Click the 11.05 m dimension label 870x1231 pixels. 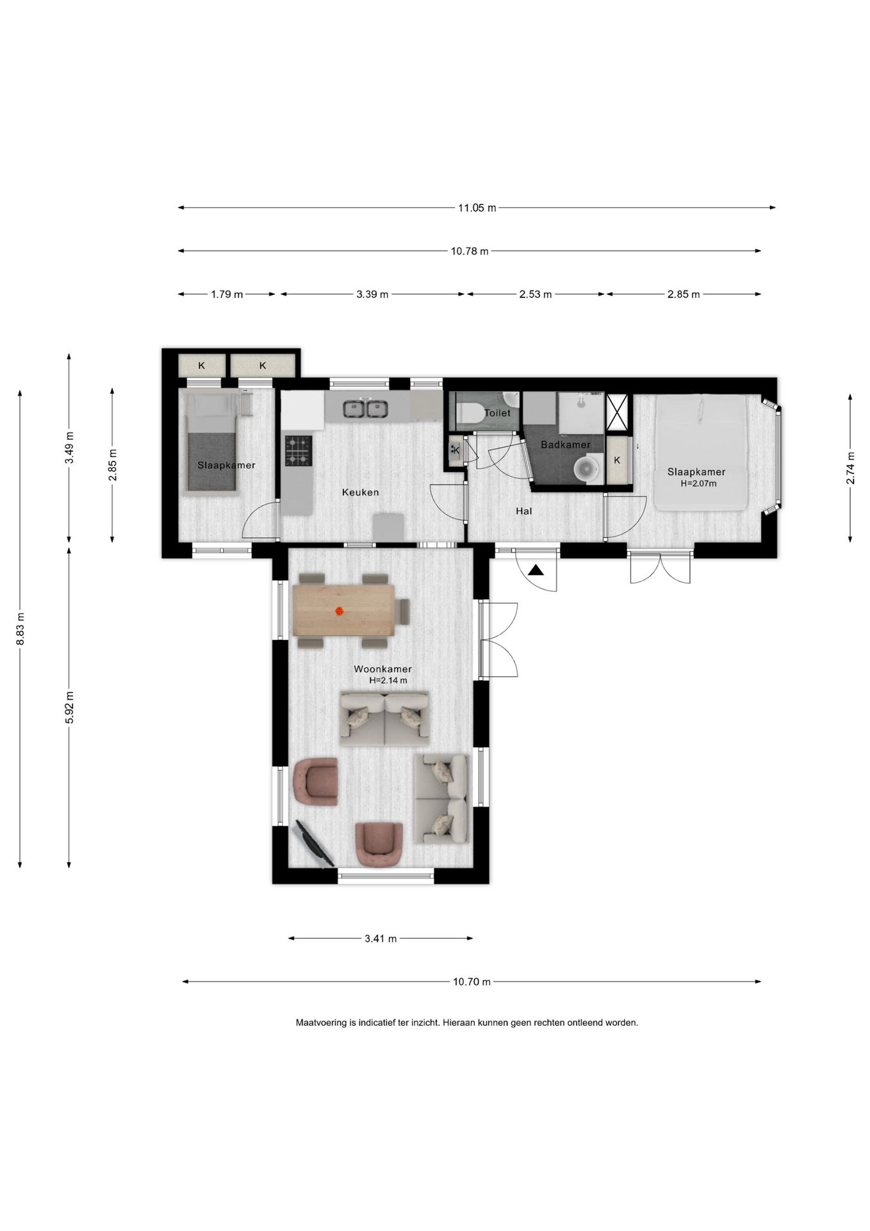tap(477, 208)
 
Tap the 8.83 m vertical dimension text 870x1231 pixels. tap(21, 628)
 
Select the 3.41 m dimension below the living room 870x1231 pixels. tap(381, 939)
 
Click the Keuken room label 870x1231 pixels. tap(360, 492)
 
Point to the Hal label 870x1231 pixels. tap(524, 511)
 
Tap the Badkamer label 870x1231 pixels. tap(566, 444)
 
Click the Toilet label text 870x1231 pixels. tap(498, 413)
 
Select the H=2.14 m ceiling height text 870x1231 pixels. tap(388, 680)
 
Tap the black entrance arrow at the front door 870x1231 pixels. tap(536, 570)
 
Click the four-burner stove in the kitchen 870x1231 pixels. tap(299, 450)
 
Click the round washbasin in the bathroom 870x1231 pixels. tap(586, 468)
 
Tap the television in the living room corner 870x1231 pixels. tap(313, 844)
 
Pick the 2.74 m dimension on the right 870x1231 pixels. tap(850, 468)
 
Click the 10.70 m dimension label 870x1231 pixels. tap(472, 982)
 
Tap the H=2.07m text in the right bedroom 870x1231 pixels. tap(698, 483)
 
